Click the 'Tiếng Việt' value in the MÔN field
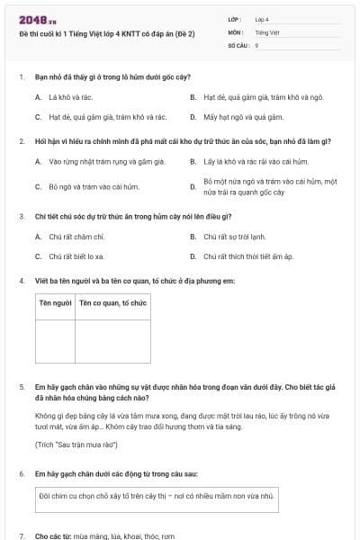(266, 31)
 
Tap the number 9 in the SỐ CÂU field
(256, 44)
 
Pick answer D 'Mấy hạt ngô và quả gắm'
(232, 117)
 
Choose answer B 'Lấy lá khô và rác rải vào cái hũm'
(256, 162)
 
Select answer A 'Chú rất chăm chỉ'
(76, 237)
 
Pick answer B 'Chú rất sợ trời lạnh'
(234, 237)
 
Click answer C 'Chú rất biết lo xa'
(76, 256)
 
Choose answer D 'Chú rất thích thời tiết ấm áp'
(248, 256)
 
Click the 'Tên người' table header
(55, 304)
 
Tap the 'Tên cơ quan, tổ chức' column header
(112, 304)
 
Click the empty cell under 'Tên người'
(55, 340)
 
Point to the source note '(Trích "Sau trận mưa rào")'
(76, 445)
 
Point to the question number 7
(22, 535)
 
